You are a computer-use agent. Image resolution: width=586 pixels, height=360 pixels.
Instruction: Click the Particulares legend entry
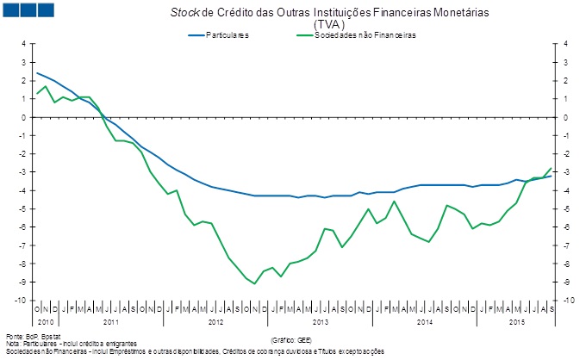point(218,35)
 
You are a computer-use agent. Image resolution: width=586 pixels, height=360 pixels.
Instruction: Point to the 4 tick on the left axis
point(24,44)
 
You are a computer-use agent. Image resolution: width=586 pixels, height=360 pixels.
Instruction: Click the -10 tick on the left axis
point(22,300)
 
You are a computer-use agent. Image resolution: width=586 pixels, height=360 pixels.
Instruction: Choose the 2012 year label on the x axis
point(215,320)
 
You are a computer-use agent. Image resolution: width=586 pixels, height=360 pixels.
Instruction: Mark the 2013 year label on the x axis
point(321,320)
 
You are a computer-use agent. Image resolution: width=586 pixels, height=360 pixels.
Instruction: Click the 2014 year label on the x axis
point(425,320)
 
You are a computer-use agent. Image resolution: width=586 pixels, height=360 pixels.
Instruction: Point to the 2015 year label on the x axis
point(516,320)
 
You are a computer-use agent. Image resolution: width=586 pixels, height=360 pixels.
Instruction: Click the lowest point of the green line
point(254,283)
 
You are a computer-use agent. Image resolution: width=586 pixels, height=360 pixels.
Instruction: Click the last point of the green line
point(552,168)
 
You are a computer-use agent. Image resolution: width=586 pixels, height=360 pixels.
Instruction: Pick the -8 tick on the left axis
point(24,264)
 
